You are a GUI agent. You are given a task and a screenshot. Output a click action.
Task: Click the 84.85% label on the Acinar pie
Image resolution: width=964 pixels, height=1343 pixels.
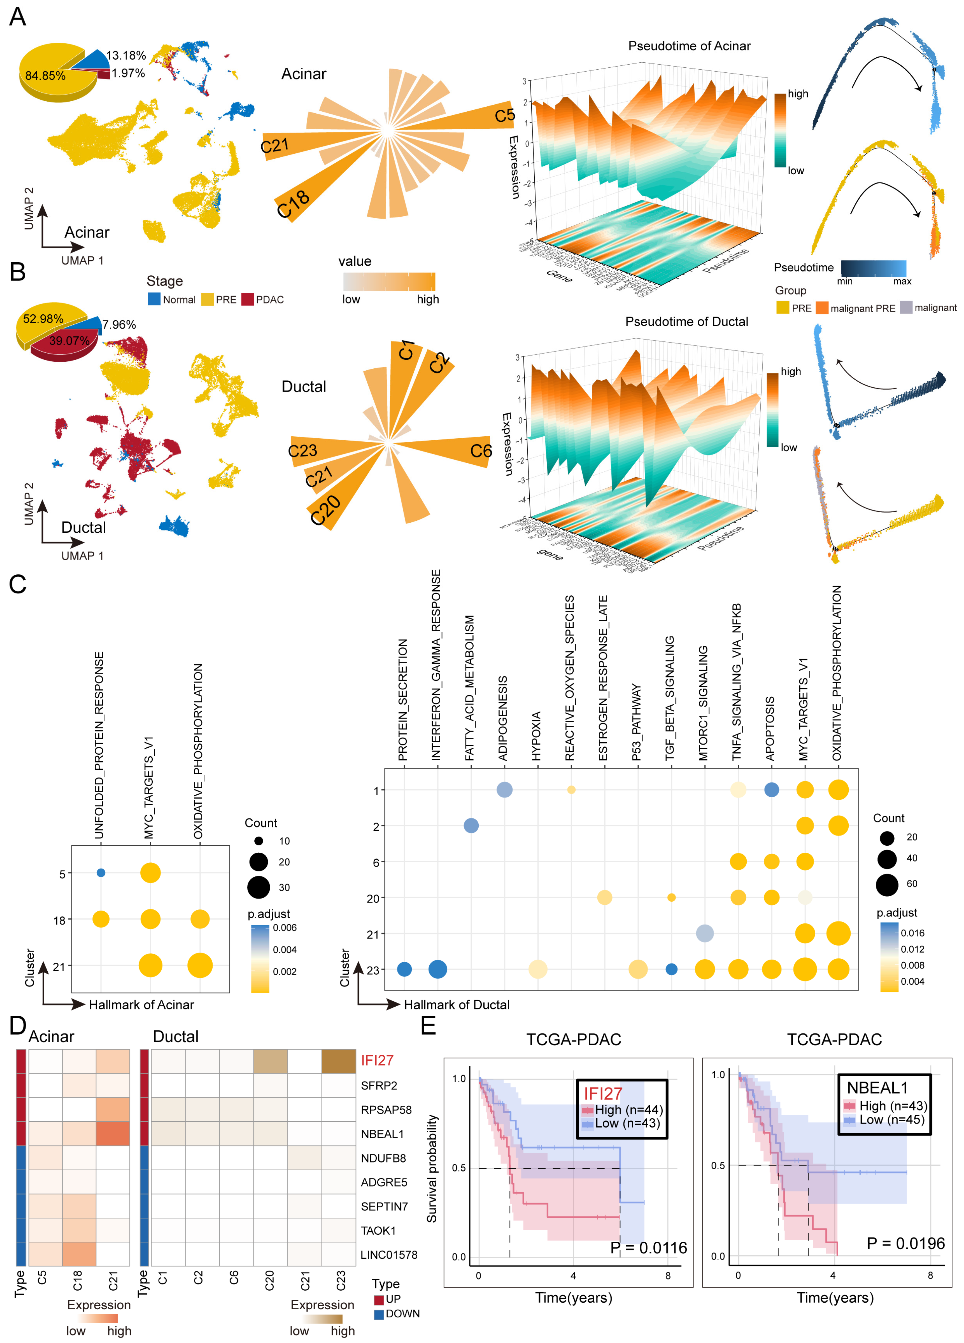(x=45, y=76)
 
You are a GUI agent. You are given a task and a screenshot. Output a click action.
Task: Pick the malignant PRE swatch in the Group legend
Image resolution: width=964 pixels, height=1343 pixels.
(x=822, y=308)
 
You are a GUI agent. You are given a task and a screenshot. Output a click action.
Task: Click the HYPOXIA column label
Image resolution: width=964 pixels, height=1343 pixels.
(x=536, y=735)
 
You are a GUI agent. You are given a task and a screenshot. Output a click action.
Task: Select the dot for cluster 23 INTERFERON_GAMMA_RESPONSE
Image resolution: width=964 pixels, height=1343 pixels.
(x=437, y=969)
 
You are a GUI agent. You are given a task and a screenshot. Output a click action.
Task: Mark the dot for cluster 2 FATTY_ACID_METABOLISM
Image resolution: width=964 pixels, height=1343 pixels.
(x=471, y=825)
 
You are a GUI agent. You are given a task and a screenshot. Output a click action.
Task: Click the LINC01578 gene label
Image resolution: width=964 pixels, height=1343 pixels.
(x=389, y=1255)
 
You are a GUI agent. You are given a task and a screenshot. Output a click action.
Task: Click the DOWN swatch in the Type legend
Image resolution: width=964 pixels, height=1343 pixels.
(x=379, y=1314)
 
